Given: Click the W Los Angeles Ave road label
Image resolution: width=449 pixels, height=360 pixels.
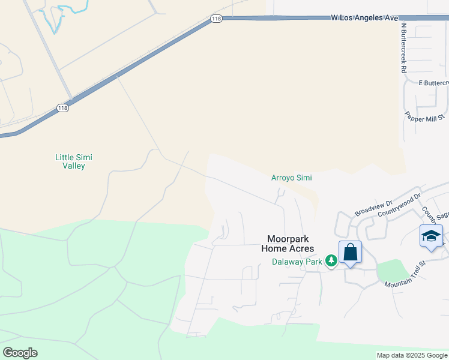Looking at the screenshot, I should click(364, 18).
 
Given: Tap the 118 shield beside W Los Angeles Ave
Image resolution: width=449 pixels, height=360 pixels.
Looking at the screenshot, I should click(217, 20).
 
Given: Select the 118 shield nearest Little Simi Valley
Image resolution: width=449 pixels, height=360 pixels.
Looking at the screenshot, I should click(62, 108).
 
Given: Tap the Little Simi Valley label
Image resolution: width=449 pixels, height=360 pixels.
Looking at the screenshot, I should click(74, 161).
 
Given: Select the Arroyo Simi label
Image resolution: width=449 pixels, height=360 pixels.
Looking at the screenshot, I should click(291, 178).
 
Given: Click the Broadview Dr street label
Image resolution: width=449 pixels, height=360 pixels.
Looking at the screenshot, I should click(373, 208).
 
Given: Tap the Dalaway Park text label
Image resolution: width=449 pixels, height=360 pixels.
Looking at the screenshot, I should click(297, 261).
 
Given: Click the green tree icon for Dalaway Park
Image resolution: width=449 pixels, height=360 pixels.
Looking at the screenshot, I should click(330, 260).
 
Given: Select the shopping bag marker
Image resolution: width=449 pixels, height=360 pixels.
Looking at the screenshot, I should click(350, 252).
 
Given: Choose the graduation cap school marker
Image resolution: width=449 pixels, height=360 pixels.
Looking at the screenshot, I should click(431, 235).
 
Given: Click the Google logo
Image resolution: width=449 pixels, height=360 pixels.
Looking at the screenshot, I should click(20, 352).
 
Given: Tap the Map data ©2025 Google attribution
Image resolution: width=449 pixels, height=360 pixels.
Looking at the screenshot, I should click(412, 355).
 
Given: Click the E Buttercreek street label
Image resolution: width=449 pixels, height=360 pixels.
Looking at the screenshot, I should click(433, 82).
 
